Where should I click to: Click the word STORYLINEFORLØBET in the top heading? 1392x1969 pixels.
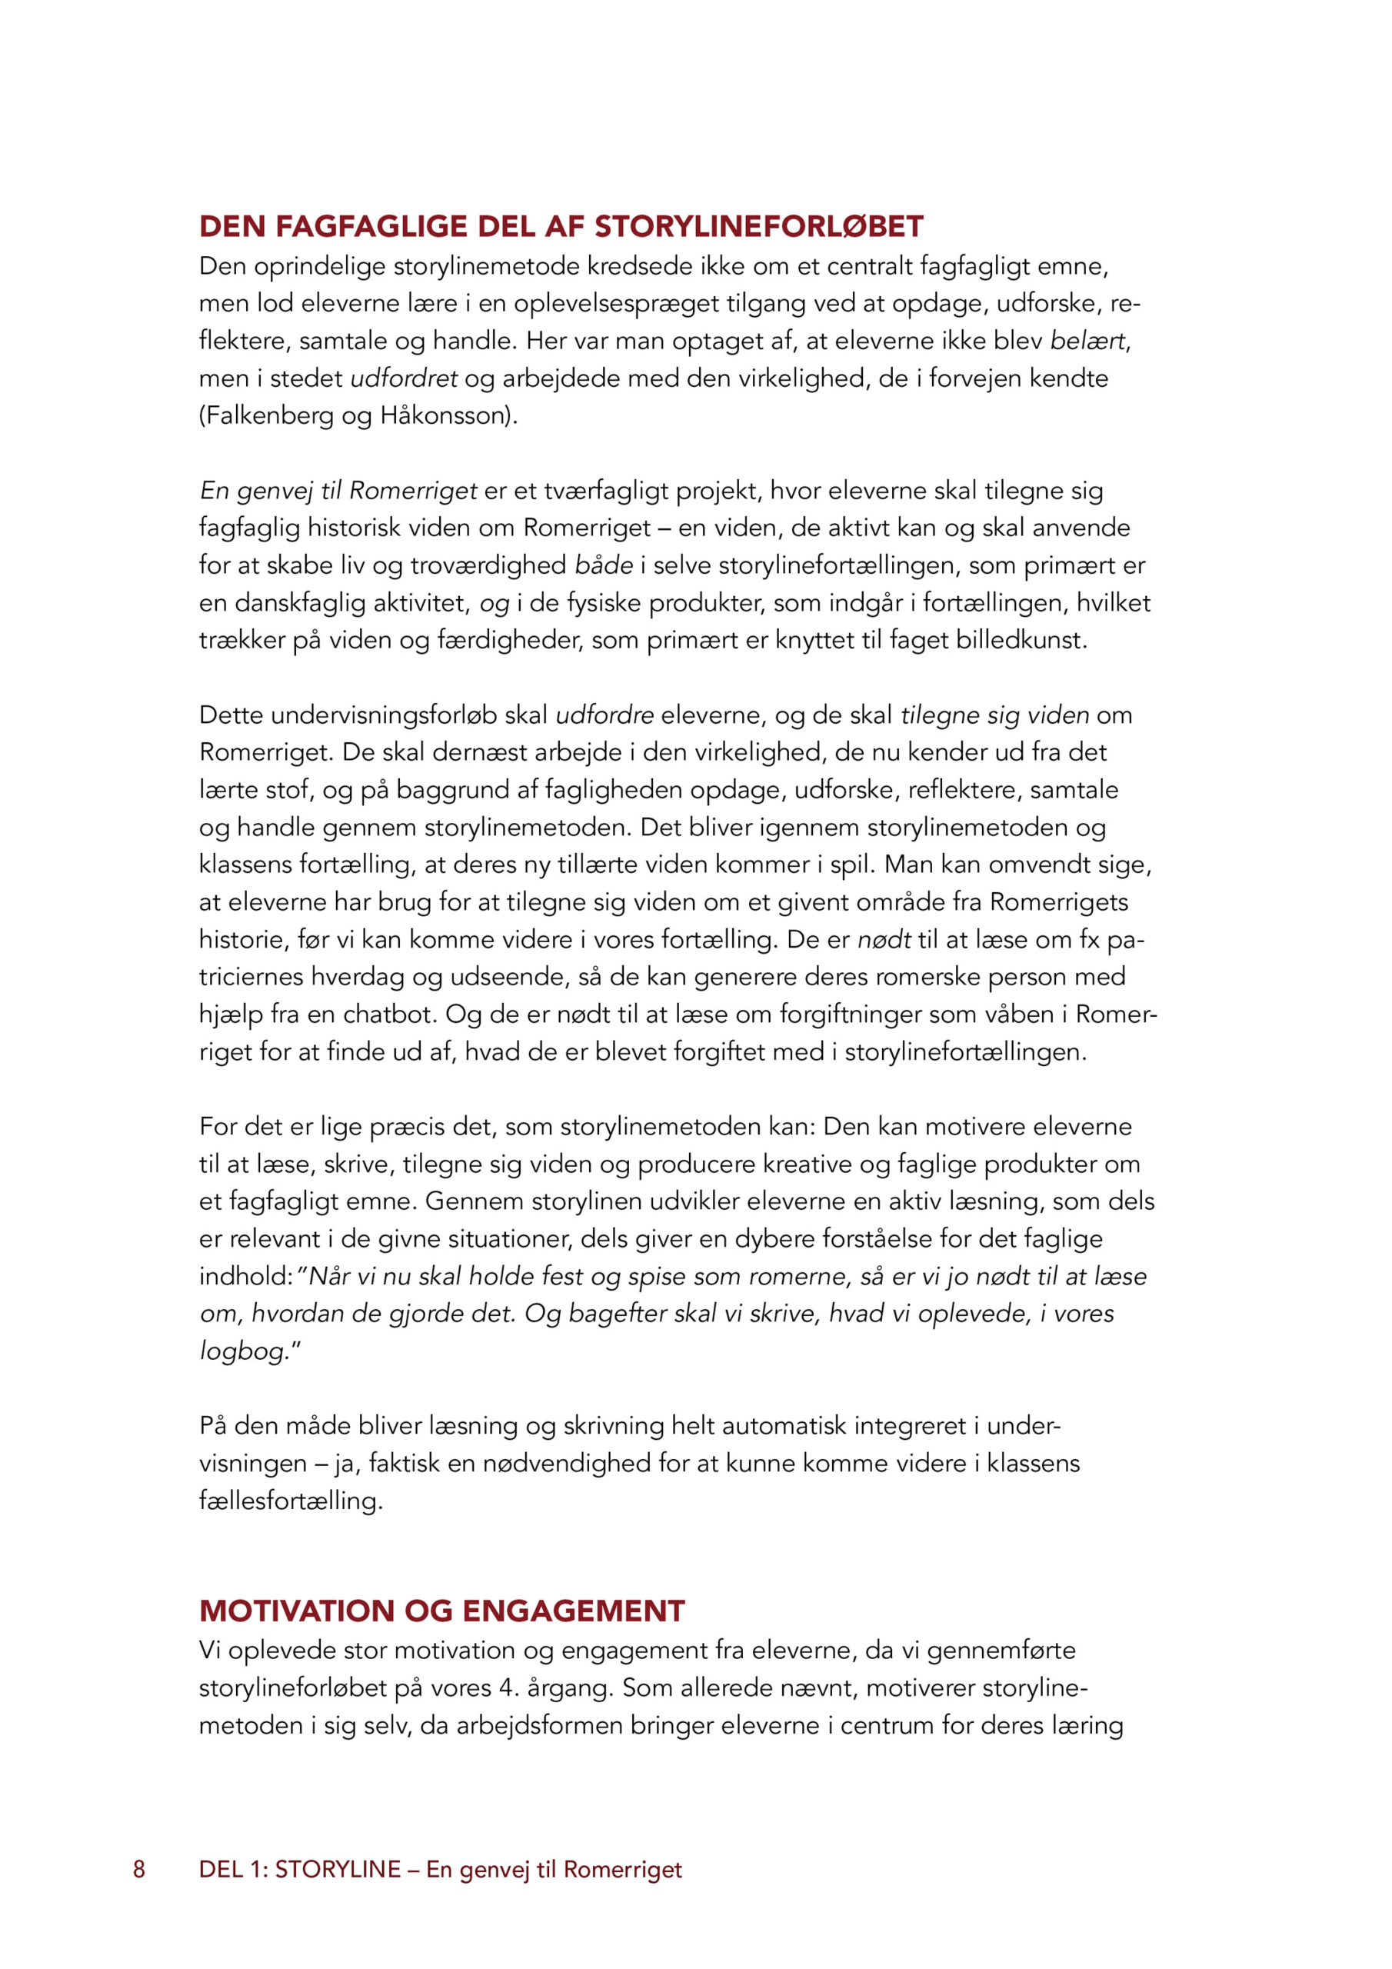pyautogui.click(x=758, y=226)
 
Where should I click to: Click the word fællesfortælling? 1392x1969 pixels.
pyautogui.click(x=291, y=1500)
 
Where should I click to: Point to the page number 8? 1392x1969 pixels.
pyautogui.click(x=139, y=1870)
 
